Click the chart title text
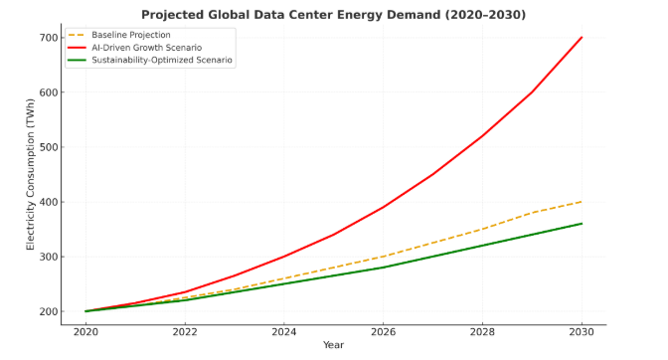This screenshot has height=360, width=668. coord(333,14)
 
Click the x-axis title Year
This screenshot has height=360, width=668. coord(334,346)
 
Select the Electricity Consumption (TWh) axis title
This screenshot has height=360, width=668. coord(31,175)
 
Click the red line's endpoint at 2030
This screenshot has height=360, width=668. coord(582,38)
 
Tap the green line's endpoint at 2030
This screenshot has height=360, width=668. coord(582,224)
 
